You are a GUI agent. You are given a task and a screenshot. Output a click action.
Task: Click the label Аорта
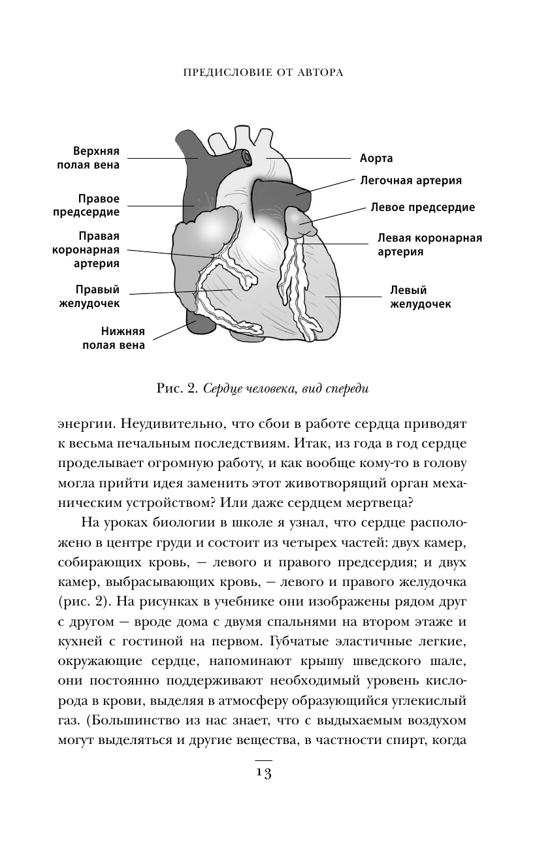click(x=376, y=159)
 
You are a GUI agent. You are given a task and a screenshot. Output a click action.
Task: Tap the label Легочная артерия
click(x=412, y=180)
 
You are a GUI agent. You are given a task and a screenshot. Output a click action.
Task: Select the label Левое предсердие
click(x=423, y=208)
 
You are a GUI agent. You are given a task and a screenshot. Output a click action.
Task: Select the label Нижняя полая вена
click(x=114, y=338)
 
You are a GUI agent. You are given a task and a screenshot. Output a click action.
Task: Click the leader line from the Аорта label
click(x=307, y=158)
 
